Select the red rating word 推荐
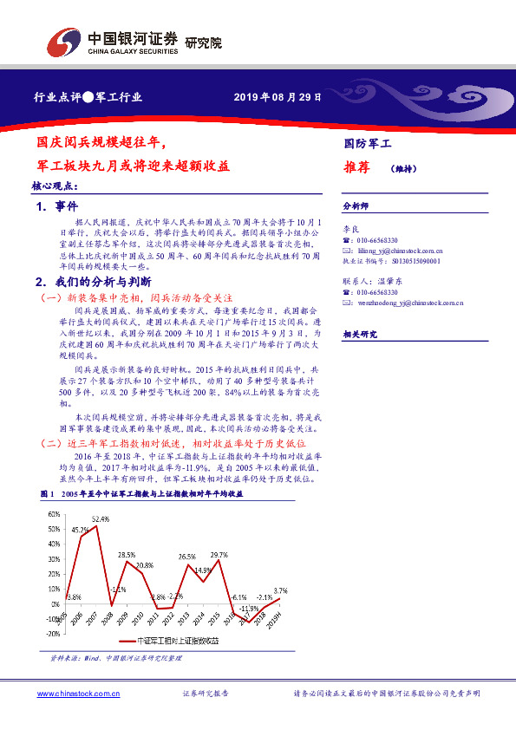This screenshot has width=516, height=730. click(357, 166)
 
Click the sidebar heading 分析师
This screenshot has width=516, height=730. click(356, 206)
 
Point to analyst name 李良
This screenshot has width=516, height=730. click(350, 227)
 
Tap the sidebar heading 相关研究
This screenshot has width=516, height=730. click(360, 334)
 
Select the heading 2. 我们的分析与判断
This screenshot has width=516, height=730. click(93, 282)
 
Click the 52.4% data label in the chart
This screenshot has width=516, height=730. click(101, 518)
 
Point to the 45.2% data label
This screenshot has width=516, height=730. click(80, 530)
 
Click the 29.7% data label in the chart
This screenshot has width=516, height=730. click(219, 555)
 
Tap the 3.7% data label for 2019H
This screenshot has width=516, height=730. click(279, 590)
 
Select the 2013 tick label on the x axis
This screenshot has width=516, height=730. click(184, 616)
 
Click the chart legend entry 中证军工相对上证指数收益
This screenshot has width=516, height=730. click(180, 640)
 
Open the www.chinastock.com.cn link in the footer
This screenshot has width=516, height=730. click(77, 694)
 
